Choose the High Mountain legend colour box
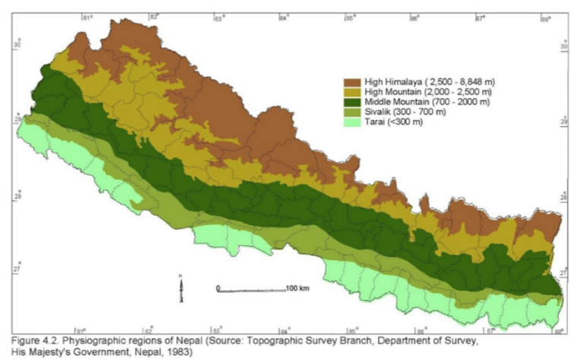point(352,91)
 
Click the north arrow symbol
point(181,287)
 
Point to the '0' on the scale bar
point(218,289)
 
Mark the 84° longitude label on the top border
point(284,16)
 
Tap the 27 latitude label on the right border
point(565,272)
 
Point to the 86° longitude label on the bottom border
point(420,331)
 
